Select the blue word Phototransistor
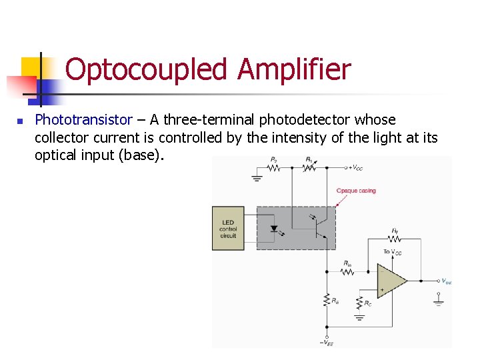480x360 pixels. click(x=83, y=120)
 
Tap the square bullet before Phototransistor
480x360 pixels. click(x=20, y=121)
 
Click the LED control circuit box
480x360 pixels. click(x=228, y=228)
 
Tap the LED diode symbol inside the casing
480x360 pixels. click(x=273, y=228)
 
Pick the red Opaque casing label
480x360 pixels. click(x=356, y=191)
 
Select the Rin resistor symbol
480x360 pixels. click(x=347, y=271)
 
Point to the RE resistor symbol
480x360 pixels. click(x=327, y=300)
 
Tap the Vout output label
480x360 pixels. click(x=445, y=281)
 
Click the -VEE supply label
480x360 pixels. click(x=327, y=342)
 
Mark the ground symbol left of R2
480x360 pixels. click(x=256, y=177)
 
